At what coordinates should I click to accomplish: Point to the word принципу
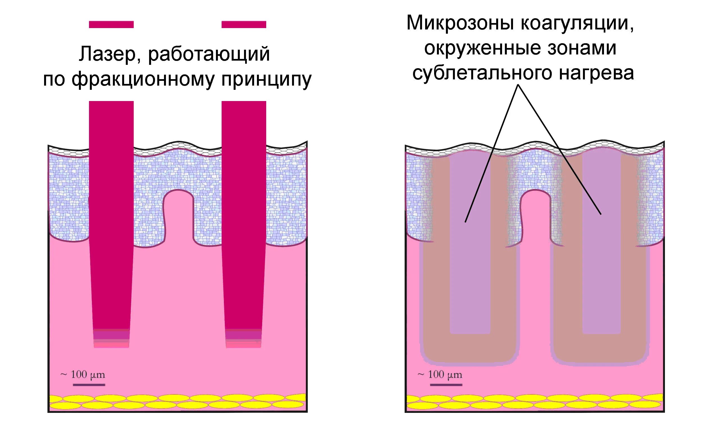coord(266,79)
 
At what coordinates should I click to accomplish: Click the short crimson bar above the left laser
coord(111,25)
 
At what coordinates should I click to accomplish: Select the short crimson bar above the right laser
coord(244,25)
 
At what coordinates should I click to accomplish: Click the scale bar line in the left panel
coord(89,385)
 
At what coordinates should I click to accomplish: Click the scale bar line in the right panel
coord(446,385)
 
